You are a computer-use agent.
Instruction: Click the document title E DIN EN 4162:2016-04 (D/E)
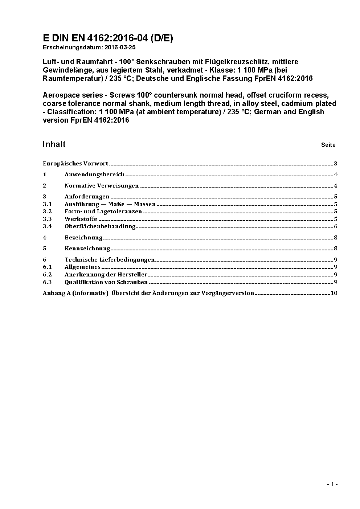click(108, 38)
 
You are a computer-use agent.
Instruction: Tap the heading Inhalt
click(54, 144)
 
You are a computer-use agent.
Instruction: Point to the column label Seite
click(328, 145)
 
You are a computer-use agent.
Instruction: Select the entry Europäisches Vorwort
click(75, 164)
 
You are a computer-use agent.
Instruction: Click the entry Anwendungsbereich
click(94, 175)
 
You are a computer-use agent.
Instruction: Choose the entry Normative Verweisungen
click(102, 186)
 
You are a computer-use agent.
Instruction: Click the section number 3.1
click(48, 204)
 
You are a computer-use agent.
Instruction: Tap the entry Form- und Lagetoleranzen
click(103, 212)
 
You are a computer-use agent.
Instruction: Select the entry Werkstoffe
click(81, 219)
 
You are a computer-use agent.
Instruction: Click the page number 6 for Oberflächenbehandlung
click(336, 226)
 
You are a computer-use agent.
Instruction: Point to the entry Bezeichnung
click(83, 238)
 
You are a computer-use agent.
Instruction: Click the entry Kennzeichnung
click(87, 249)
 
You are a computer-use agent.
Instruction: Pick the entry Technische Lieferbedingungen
click(110, 260)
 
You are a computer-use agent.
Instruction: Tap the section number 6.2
click(48, 275)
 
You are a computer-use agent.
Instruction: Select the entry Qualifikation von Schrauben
click(106, 282)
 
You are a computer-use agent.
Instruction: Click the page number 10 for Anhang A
click(334, 293)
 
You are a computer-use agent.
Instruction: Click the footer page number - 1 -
click(332, 484)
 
